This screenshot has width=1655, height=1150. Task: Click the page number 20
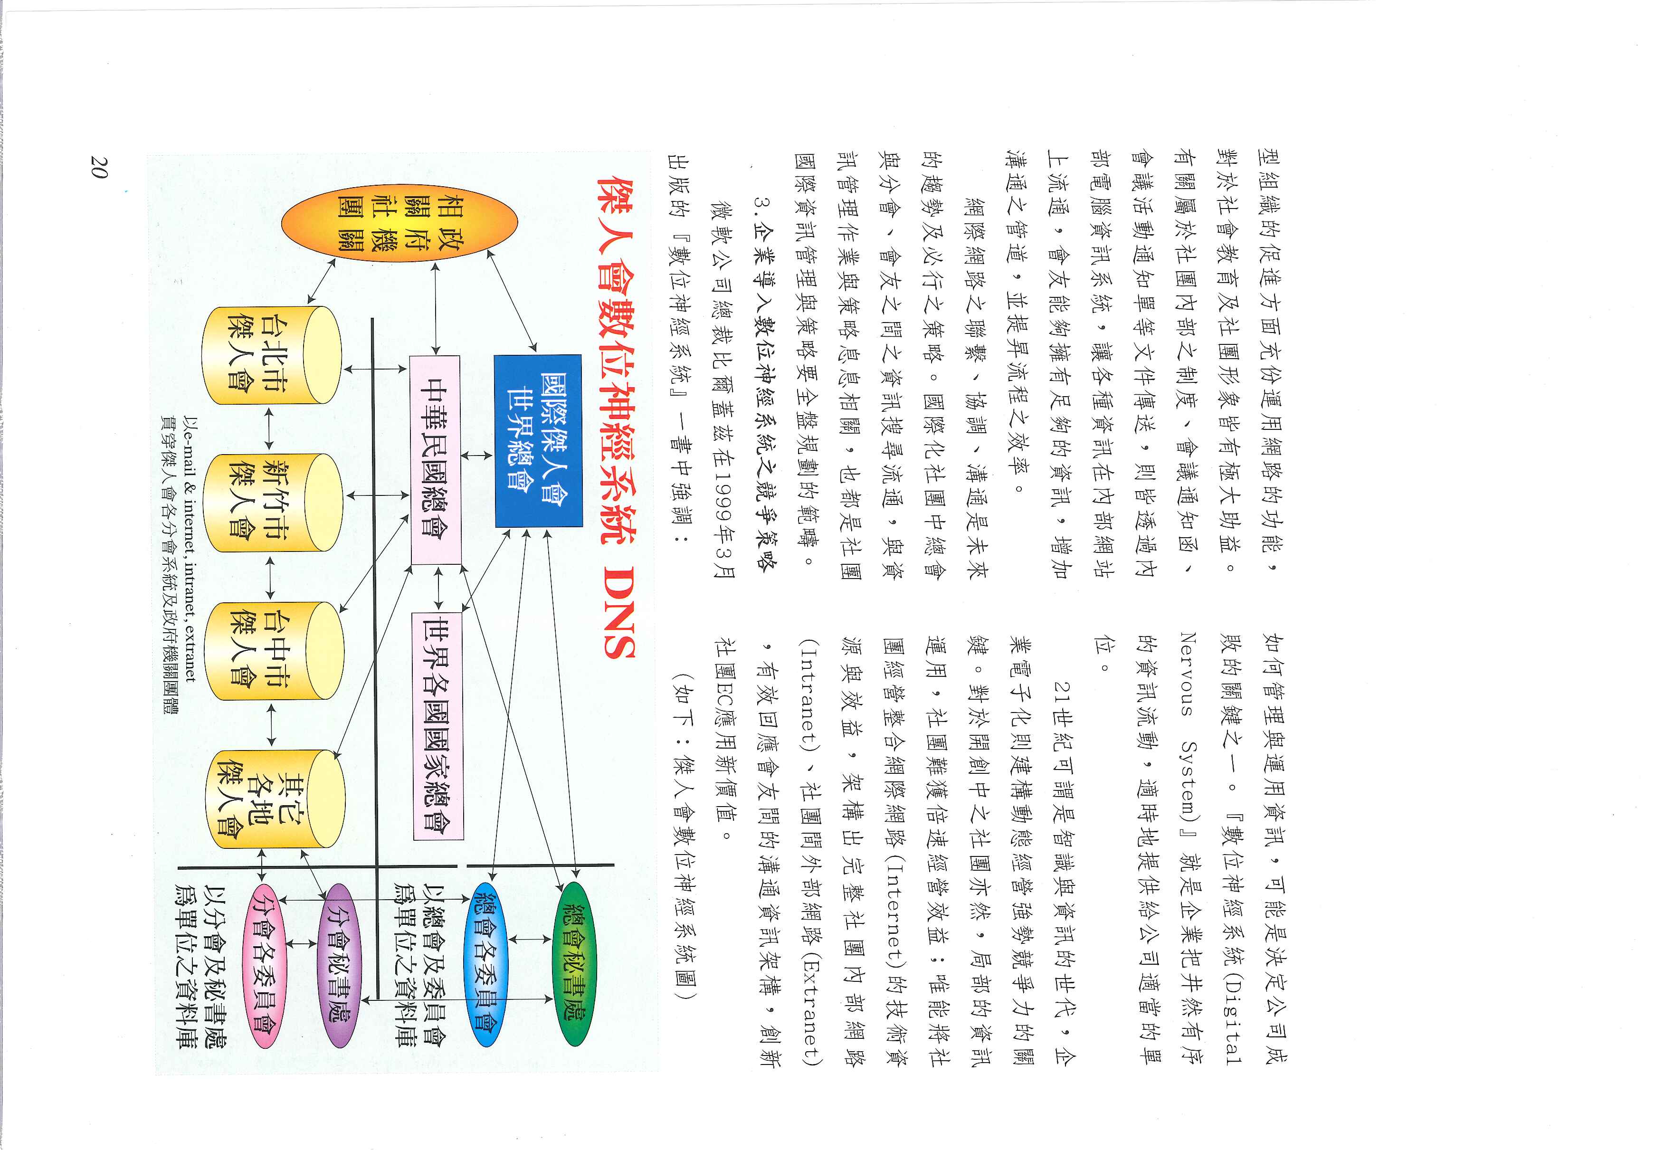click(x=99, y=167)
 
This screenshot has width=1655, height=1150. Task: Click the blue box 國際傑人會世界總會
click(x=538, y=441)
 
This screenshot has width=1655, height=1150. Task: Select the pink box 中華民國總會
click(x=435, y=460)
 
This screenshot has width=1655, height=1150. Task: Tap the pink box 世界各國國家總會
click(x=438, y=726)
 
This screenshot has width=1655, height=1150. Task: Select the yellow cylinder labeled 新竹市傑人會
click(x=272, y=502)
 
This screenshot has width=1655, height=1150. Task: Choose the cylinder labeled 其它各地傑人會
click(x=275, y=799)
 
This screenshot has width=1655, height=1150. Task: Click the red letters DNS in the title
click(x=618, y=612)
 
